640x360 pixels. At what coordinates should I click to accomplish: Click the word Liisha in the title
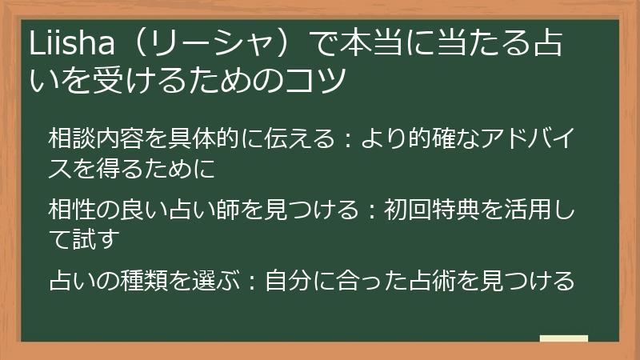(x=66, y=46)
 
